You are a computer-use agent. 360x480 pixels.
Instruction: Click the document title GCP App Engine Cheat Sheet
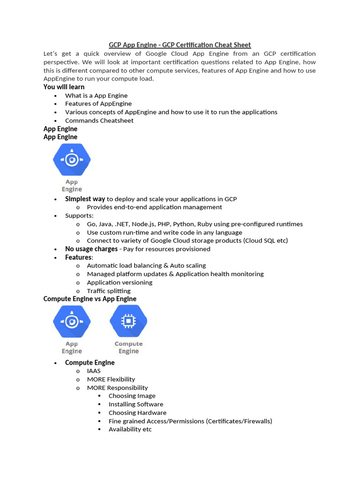coord(180,45)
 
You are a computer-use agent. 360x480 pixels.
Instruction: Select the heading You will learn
coord(64,87)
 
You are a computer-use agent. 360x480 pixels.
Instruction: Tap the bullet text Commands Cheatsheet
coord(99,120)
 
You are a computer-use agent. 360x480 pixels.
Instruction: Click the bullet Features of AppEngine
coord(98,104)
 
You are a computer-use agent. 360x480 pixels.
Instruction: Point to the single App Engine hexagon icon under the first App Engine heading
coord(72,160)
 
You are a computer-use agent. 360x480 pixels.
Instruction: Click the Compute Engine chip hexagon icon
coord(128,321)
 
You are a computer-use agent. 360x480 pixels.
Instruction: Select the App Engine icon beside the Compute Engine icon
coord(72,321)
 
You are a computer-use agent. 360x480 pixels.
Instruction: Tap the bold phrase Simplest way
coord(85,199)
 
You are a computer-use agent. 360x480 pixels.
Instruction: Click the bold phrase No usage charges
coord(91,249)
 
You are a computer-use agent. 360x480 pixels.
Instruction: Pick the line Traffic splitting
coord(109,291)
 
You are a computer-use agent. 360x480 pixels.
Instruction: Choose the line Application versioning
coord(120,282)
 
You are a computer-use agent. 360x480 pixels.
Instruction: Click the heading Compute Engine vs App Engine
coord(90,299)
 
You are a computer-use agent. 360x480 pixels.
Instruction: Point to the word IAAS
coord(94,371)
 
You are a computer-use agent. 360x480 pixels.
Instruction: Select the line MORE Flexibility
coord(111,379)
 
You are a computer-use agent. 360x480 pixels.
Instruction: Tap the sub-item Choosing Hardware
coord(137,412)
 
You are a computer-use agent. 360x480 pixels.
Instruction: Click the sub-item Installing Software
coord(136,404)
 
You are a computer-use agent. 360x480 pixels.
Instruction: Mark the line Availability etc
coord(130,429)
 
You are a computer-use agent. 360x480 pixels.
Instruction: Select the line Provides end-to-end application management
coord(154,207)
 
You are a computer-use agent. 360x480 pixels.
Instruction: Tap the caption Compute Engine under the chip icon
coord(128,347)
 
